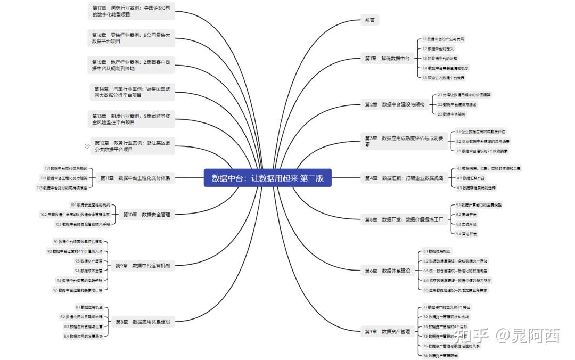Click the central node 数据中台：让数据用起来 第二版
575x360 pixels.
pos(267,178)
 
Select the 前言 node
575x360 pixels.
pos(369,20)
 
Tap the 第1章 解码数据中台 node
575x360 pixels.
pos(387,58)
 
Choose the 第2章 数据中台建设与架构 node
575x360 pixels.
pos(395,104)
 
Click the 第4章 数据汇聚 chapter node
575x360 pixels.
pos(404,178)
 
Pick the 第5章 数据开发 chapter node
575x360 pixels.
pos(404,219)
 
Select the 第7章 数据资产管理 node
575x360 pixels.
pos(388,331)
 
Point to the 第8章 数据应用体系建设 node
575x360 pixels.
pos(143,322)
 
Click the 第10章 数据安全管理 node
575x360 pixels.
pos(146,215)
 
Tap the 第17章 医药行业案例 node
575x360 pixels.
pos(131,11)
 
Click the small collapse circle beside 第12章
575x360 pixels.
pos(87,145)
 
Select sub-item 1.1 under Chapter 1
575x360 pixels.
pos(443,39)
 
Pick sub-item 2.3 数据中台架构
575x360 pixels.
pos(451,114)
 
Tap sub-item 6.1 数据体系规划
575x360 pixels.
pos(438,251)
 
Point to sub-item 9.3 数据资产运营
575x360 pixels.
pos(88,261)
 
